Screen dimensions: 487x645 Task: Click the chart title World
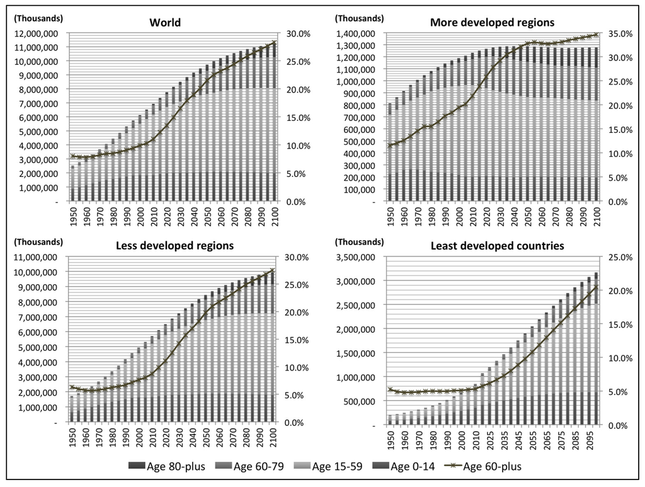pyautogui.click(x=165, y=23)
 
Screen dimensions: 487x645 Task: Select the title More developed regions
pyautogui.click(x=492, y=23)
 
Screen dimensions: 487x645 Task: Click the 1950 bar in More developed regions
pyautogui.click(x=391, y=152)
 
